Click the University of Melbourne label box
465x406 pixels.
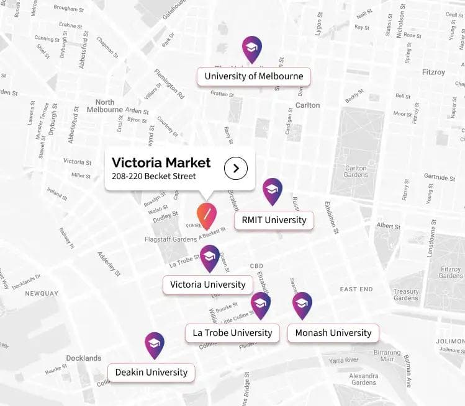click(253, 76)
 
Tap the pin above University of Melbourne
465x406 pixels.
click(251, 49)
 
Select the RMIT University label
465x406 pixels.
click(273, 219)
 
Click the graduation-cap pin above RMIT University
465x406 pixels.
click(272, 191)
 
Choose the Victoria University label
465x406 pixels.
click(207, 285)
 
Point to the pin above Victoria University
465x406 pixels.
click(210, 258)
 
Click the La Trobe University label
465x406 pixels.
click(232, 333)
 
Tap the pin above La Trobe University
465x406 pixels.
click(261, 304)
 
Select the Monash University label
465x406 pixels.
click(333, 333)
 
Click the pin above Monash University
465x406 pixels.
click(302, 304)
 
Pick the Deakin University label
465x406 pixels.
click(151, 372)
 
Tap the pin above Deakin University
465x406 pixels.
click(155, 345)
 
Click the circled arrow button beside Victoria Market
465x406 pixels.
click(236, 168)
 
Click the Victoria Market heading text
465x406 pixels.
click(161, 163)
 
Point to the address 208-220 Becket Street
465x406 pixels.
click(154, 177)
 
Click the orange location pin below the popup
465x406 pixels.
click(206, 214)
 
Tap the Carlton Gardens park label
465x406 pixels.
click(356, 171)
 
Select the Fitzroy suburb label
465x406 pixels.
click(433, 72)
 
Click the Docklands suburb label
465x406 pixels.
click(83, 358)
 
